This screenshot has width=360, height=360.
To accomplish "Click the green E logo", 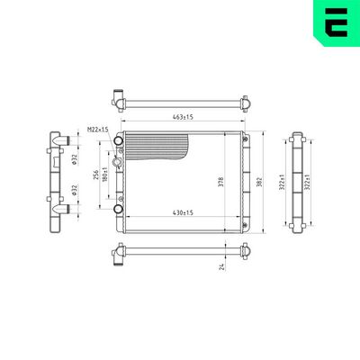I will coord(335,24).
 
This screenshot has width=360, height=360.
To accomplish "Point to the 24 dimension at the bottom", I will coord(221,265).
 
